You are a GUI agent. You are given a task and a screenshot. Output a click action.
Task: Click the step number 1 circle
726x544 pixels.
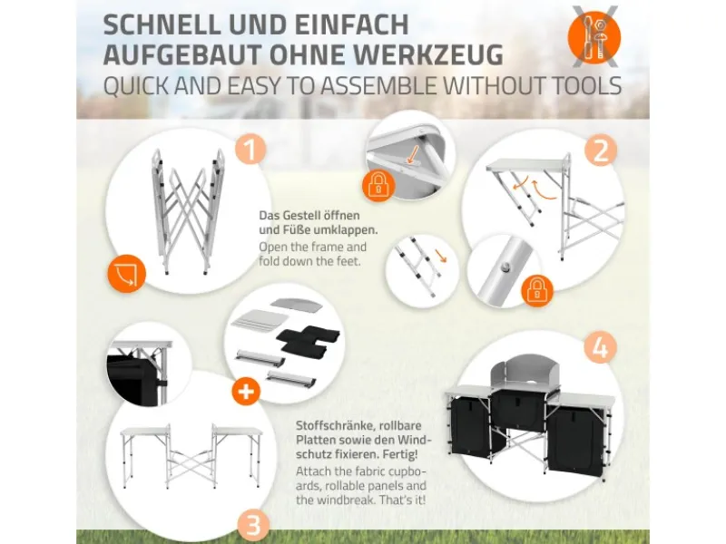(x=250, y=150)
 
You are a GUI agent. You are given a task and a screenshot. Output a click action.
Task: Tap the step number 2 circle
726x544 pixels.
(x=601, y=151)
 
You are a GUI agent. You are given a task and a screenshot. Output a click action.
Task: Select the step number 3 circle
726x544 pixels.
(x=254, y=526)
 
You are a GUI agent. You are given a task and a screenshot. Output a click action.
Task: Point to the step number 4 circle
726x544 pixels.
(x=600, y=347)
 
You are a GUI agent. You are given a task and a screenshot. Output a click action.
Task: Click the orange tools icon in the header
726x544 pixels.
(x=594, y=37)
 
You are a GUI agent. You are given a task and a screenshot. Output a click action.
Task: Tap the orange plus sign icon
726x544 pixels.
(x=246, y=392)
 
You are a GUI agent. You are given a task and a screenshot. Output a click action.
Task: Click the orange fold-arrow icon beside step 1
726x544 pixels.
(x=126, y=274)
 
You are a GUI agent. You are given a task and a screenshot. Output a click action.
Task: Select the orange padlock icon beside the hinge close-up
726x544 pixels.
(x=378, y=186)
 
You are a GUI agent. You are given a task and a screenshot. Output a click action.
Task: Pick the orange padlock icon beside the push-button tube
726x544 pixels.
(x=537, y=290)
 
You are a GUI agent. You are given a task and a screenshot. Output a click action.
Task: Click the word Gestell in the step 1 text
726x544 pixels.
(x=301, y=216)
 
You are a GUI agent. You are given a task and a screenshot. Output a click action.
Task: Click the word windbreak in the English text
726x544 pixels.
(x=341, y=500)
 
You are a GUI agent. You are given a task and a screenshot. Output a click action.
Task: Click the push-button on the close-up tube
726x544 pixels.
(x=505, y=267)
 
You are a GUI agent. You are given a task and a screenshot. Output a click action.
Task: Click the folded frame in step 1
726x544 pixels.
(x=188, y=211)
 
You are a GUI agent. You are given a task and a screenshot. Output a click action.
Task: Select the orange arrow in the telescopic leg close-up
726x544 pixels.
(x=441, y=256)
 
